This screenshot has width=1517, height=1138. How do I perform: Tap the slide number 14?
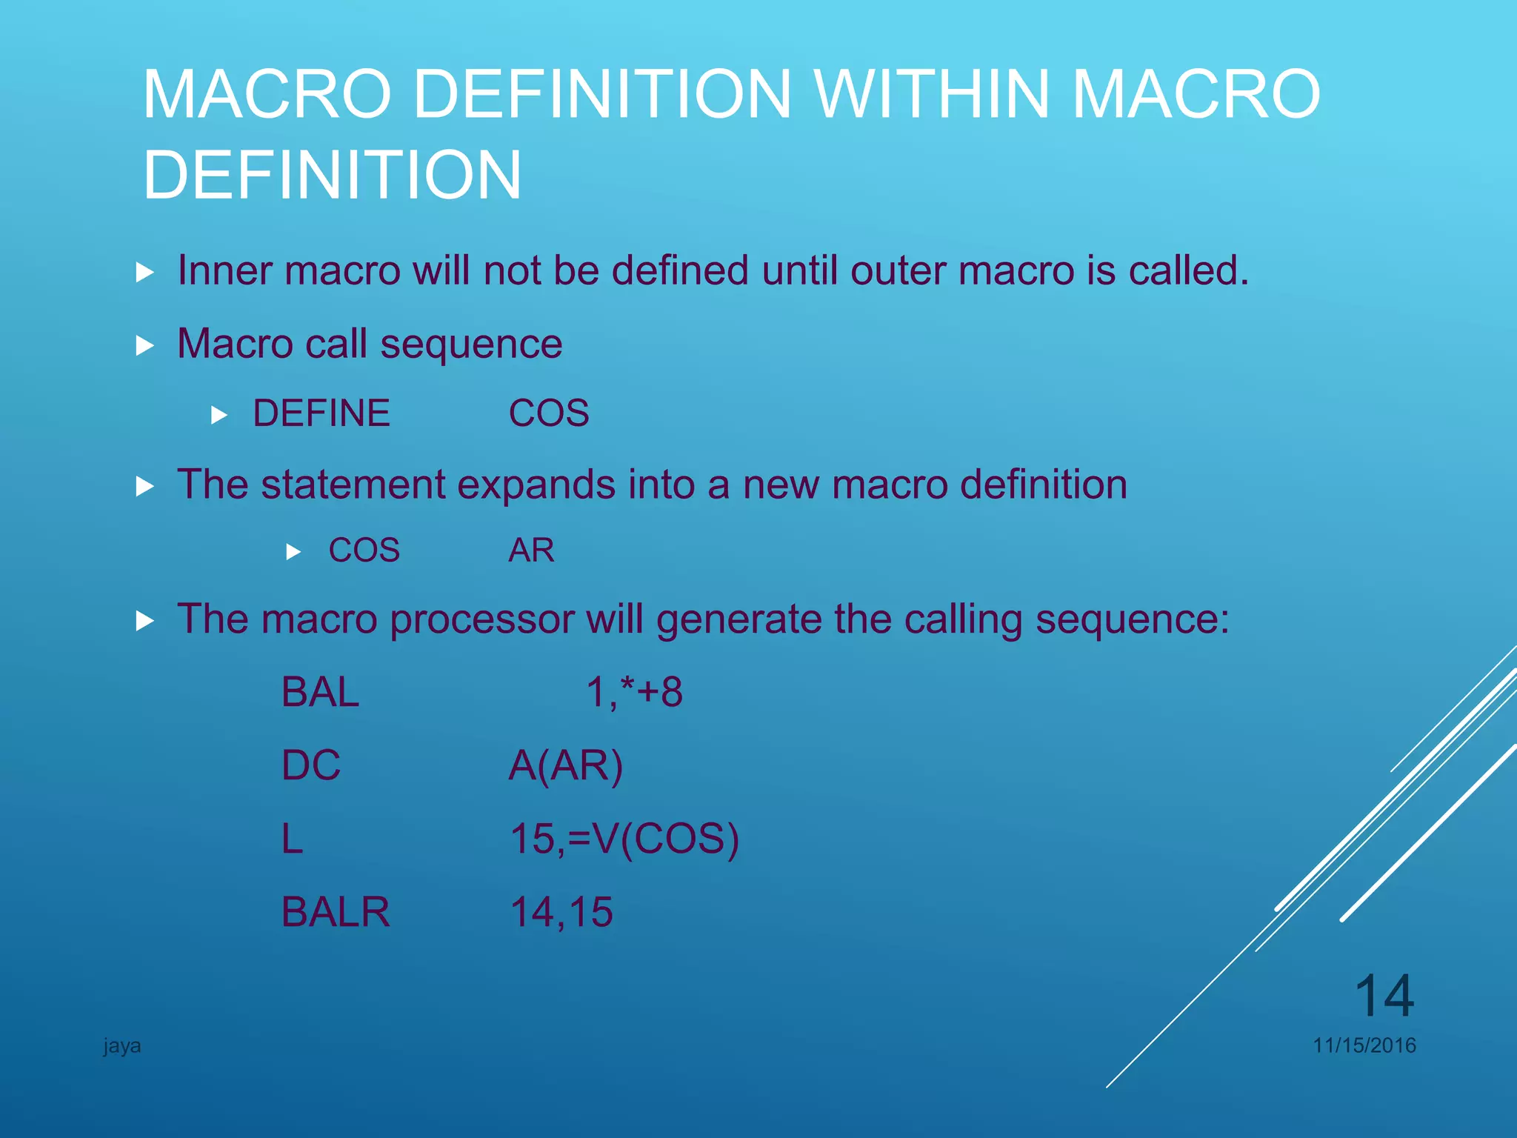coord(1384,996)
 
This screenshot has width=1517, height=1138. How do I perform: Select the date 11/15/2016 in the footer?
coord(1364,1045)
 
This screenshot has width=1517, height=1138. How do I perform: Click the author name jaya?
coord(122,1046)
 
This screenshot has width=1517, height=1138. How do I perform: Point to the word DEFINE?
coord(321,413)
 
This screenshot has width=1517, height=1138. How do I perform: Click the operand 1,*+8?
coord(634,692)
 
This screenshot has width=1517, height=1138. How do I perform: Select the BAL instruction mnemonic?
coord(320,692)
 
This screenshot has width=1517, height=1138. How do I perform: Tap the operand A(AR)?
coord(566,765)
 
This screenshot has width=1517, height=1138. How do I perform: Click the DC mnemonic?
coord(311,765)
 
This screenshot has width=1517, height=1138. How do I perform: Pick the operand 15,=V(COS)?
coord(624,839)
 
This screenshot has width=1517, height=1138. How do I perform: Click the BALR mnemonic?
coord(336,911)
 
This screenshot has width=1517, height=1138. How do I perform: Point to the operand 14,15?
coord(561,911)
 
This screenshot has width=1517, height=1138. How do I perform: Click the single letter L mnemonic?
coord(293,839)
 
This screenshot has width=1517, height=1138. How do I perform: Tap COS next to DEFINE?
coord(549,413)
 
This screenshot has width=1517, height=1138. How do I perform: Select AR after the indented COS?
coord(531,550)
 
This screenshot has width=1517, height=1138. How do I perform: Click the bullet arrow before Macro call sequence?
coord(145,345)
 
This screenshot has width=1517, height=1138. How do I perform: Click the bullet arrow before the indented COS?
coord(293,552)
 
